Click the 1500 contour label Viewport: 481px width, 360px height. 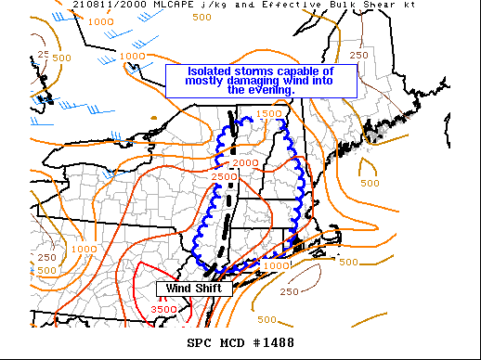tap(267, 114)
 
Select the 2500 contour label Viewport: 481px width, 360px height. tap(224, 177)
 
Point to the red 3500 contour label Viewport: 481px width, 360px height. tap(164, 309)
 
